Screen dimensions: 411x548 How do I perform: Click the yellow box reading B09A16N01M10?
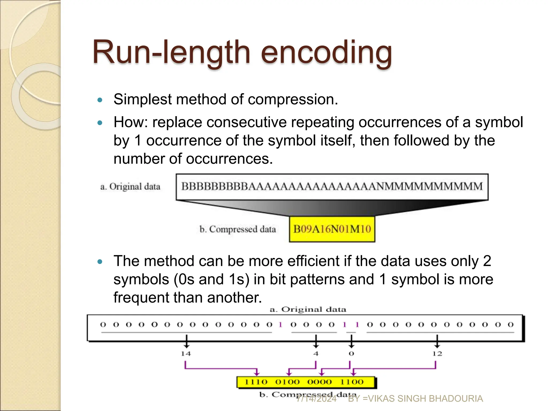(x=332, y=229)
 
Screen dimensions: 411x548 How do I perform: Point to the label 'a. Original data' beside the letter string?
(x=130, y=187)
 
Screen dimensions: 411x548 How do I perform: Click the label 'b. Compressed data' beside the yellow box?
(x=238, y=229)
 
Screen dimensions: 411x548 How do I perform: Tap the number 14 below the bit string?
(x=186, y=354)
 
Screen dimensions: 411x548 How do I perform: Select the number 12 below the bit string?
(x=437, y=354)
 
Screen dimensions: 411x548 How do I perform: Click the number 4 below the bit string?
(x=316, y=354)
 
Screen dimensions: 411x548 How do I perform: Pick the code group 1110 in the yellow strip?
(x=256, y=382)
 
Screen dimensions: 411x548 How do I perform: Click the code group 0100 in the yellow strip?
(x=287, y=382)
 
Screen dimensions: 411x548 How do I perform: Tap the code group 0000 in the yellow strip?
(x=319, y=382)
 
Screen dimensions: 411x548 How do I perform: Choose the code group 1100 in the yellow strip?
(x=352, y=382)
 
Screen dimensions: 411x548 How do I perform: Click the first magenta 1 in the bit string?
(x=280, y=325)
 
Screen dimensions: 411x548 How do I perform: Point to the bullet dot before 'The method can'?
(x=100, y=262)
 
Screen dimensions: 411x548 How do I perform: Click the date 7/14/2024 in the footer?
(x=316, y=399)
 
